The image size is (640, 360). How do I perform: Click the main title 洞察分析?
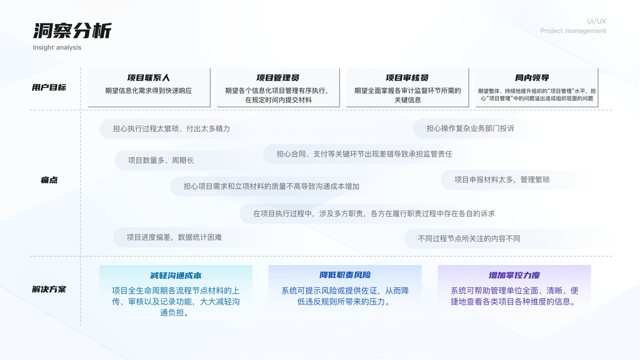pos(72,31)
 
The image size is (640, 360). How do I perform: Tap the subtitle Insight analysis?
pos(57,47)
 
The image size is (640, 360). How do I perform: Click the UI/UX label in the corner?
pos(596,22)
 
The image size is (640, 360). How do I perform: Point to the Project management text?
pos(573,31)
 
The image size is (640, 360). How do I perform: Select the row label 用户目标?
pos(49,88)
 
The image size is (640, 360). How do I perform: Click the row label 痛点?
pos(49,180)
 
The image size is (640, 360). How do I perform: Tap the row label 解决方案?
pos(49,289)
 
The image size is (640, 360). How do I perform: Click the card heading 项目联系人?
pos(148,78)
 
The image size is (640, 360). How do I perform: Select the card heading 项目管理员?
pos(278,78)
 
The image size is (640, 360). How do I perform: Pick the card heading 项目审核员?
pos(407,78)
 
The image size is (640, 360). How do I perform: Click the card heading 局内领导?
pos(532,78)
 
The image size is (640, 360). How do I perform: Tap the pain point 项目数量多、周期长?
pos(161,160)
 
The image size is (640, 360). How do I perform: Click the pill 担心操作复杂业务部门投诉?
pos(470,128)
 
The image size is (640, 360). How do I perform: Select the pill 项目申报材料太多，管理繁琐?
pos(502,179)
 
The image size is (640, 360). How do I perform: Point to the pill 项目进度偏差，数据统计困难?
pos(174,237)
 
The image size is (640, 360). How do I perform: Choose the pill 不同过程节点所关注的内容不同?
pos(469,238)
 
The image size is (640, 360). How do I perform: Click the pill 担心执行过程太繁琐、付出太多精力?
pos(172,128)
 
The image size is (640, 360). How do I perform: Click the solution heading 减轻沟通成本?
pos(176,275)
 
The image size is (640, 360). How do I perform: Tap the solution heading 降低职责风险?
pos(345,275)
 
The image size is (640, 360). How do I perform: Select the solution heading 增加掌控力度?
pos(515,275)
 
